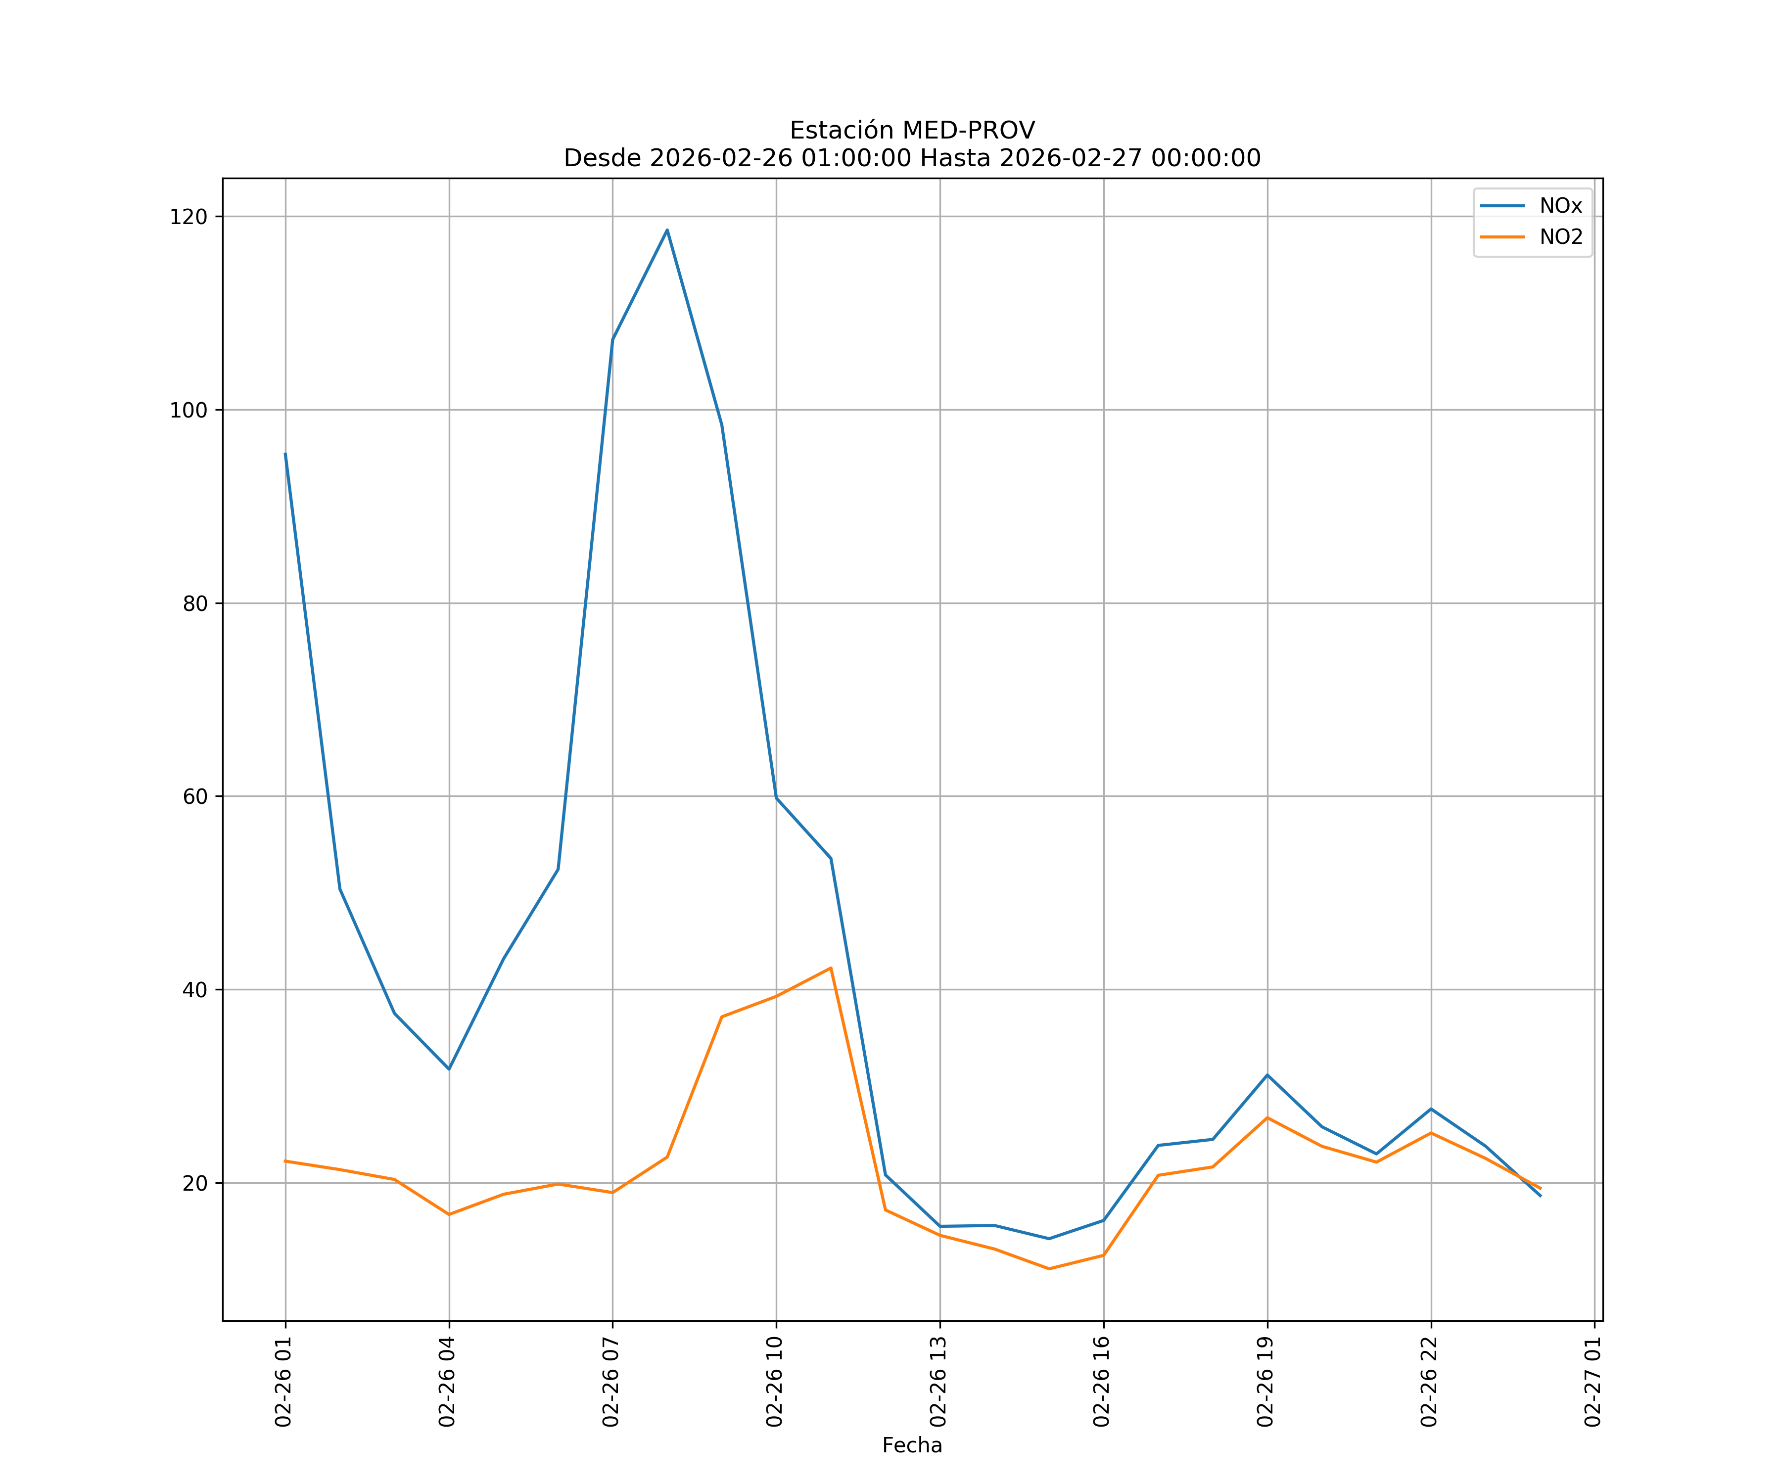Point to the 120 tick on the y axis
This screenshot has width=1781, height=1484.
point(188,217)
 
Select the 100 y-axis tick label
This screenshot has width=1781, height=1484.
point(188,411)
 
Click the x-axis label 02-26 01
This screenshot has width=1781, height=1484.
point(284,1382)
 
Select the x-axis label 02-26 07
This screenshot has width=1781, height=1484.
point(611,1382)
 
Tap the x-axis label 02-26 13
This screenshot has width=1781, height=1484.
point(939,1382)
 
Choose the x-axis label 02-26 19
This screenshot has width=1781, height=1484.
point(1266,1382)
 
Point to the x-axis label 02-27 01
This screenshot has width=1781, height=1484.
point(1594,1382)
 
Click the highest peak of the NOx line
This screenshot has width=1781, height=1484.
point(666,230)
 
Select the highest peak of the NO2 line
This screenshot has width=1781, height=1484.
point(830,968)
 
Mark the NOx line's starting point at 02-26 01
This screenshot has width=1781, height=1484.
point(285,454)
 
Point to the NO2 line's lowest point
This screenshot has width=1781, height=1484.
point(1049,1269)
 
